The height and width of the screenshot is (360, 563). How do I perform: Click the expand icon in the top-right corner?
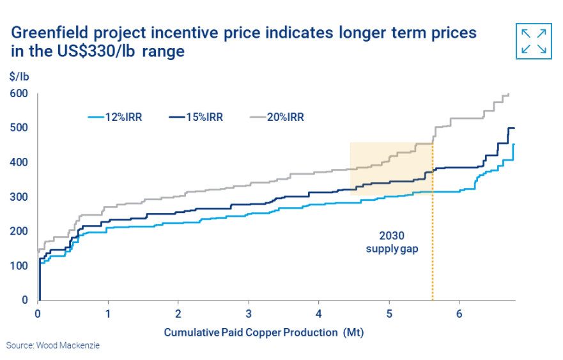point(534,42)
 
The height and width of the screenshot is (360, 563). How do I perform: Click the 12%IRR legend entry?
point(115,117)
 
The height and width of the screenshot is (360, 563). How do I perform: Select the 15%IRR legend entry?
point(196,117)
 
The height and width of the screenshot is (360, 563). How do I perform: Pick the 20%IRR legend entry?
point(277,117)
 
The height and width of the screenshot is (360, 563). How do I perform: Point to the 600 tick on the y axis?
point(19,93)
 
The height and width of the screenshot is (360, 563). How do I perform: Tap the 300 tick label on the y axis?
point(19,197)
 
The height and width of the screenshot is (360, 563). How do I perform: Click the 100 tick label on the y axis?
point(19,266)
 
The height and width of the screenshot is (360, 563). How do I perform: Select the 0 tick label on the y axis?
point(25,300)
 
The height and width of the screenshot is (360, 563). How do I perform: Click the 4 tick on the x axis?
point(319,314)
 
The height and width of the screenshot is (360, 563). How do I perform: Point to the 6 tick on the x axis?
point(459,314)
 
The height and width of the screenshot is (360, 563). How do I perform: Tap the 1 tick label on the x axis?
point(108,314)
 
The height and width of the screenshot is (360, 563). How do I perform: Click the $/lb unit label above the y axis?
point(19,77)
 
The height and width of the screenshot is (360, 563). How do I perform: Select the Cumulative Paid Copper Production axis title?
point(264,333)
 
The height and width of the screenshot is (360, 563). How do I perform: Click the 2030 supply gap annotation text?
point(392,242)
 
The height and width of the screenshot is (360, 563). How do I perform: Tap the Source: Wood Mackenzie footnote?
point(53,346)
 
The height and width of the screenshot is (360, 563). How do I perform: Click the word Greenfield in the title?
point(50,33)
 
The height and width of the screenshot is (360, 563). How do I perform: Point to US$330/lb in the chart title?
point(96,51)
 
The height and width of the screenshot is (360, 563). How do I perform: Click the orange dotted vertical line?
point(433,221)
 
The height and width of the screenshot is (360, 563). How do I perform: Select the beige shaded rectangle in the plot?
point(391,169)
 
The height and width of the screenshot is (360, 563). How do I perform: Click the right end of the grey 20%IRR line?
point(509,94)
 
